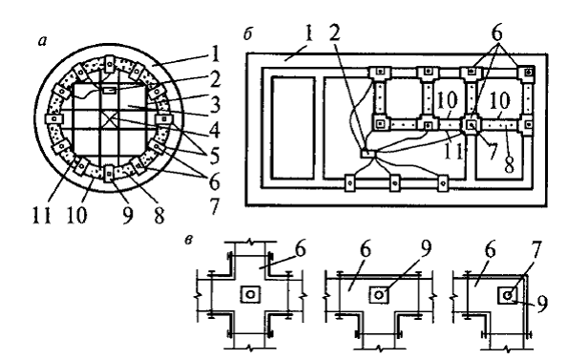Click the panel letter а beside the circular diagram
[43, 42]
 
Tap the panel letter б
[247, 34]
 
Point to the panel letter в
[188, 240]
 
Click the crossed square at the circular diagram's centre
[110, 118]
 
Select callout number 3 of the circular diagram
[215, 105]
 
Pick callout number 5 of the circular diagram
[215, 156]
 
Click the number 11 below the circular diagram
[42, 215]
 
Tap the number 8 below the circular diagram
[159, 215]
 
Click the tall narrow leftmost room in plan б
[293, 128]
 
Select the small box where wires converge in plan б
[368, 154]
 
